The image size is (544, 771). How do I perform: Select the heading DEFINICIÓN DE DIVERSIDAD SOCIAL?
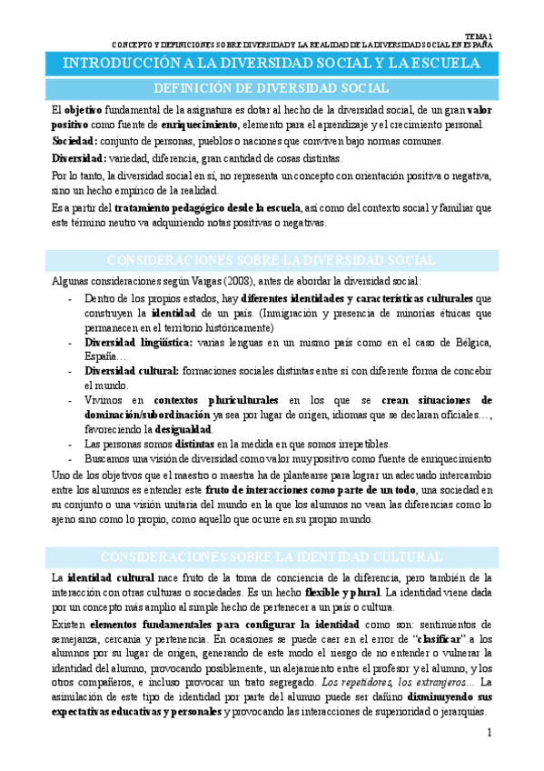(272, 88)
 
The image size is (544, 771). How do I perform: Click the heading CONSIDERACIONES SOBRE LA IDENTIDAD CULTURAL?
(272, 556)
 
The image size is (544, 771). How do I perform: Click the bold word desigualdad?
(185, 428)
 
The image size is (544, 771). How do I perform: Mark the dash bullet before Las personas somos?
(71, 444)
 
